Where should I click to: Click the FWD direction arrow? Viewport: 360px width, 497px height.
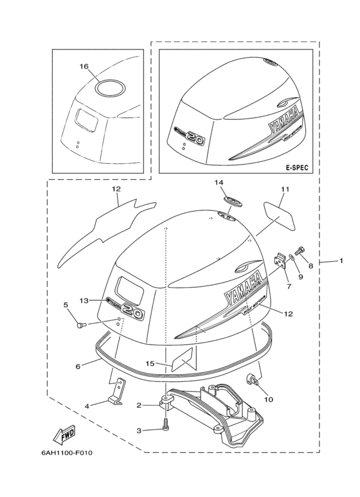[x=64, y=437]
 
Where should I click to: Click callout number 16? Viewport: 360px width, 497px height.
[x=84, y=66]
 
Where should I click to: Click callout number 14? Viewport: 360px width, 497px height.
[x=219, y=183]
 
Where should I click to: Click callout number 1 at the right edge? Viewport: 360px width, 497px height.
[x=341, y=260]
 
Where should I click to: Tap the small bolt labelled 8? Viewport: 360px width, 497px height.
[x=300, y=251]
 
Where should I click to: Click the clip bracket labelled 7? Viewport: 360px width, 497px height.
[x=279, y=260]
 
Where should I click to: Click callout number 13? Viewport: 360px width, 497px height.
[x=84, y=300]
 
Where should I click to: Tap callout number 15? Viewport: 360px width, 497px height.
[x=149, y=363]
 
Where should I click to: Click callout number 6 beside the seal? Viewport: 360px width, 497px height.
[x=78, y=366]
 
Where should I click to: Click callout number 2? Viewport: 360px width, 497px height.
[x=139, y=405]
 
